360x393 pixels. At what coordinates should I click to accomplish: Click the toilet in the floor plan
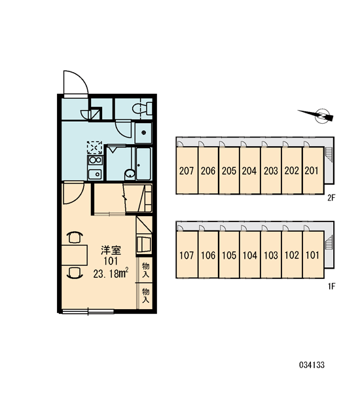(x=142, y=109)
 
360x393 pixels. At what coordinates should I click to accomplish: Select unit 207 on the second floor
(x=187, y=170)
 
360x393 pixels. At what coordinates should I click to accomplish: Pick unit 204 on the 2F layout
(x=249, y=170)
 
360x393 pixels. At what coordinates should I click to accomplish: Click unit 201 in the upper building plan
(x=313, y=170)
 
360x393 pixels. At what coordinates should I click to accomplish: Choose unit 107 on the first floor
(x=187, y=255)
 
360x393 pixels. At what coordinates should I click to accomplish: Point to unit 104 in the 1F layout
(x=249, y=255)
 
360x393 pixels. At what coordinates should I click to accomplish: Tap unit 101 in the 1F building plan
(x=313, y=255)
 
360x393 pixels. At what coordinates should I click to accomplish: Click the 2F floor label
(x=331, y=198)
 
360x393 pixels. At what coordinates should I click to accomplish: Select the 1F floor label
(x=331, y=286)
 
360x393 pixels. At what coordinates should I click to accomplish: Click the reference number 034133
(x=312, y=365)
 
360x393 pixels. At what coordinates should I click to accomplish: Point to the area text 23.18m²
(x=111, y=273)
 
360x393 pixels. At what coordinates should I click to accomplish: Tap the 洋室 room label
(x=111, y=250)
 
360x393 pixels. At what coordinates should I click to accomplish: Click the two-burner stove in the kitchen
(x=95, y=160)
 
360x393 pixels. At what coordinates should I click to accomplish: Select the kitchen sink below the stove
(x=95, y=174)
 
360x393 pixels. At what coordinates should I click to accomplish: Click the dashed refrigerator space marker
(x=94, y=147)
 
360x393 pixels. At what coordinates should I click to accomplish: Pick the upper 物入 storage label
(x=145, y=270)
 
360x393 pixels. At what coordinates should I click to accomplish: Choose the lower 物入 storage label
(x=145, y=295)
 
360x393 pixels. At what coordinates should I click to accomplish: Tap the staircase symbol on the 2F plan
(x=329, y=153)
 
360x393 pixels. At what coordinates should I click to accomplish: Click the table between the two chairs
(x=75, y=255)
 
